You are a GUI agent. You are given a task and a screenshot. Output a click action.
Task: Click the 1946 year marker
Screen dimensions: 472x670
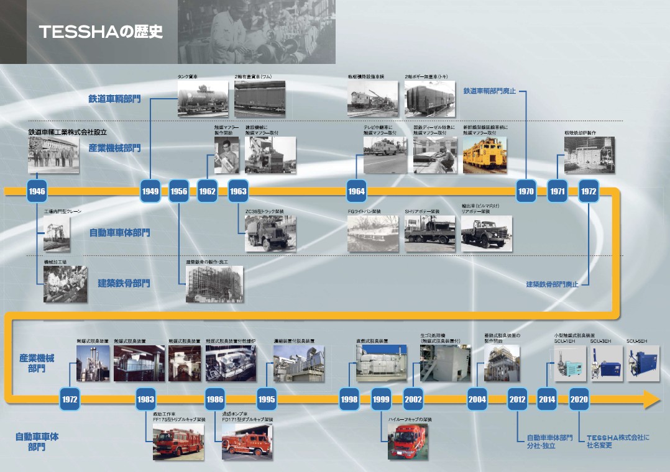click(37, 191)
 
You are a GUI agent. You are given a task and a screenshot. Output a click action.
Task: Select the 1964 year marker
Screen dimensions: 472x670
click(356, 191)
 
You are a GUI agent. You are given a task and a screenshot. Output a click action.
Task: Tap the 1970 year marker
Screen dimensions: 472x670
click(526, 191)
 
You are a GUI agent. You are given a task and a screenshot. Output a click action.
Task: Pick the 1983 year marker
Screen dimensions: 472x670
click(146, 399)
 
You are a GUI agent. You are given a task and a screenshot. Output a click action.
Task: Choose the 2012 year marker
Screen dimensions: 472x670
click(517, 399)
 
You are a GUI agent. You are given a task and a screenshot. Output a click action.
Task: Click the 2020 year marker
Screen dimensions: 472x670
click(579, 399)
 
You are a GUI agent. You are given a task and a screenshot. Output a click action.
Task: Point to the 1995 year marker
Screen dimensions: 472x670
click(267, 399)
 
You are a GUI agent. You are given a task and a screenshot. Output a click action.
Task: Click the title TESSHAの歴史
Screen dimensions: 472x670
click(101, 32)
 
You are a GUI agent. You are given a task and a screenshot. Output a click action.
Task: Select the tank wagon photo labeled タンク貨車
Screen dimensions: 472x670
click(194, 99)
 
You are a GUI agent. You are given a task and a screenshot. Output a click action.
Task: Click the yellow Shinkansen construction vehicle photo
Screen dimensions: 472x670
click(485, 155)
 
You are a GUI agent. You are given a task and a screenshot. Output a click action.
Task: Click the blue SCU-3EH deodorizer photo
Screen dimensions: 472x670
click(607, 364)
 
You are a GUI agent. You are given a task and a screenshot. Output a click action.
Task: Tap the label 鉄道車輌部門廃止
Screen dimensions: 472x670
click(490, 91)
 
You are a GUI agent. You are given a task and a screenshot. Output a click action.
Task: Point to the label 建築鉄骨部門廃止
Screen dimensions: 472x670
click(552, 284)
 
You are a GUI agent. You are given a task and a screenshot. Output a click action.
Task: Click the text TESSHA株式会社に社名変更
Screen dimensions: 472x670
click(618, 441)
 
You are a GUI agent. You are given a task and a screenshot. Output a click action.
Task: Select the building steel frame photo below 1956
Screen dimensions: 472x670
click(214, 284)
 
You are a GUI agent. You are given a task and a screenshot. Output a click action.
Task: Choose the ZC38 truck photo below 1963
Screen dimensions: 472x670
click(270, 234)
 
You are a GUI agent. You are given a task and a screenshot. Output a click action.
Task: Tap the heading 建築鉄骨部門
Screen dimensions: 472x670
click(124, 283)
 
